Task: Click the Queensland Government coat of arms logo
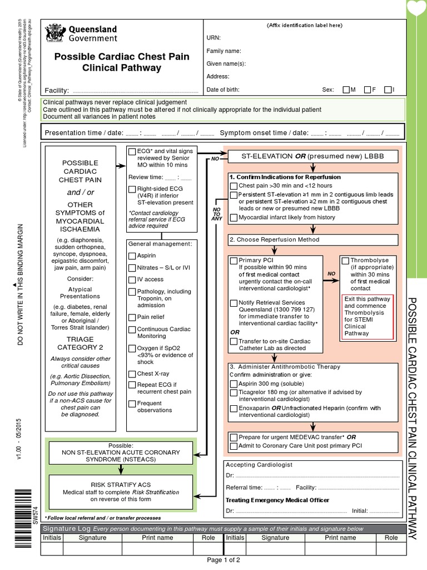click(54, 33)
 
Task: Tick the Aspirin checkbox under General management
click(132, 256)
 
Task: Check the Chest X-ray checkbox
click(132, 374)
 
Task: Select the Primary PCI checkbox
click(234, 260)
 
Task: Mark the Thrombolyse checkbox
click(345, 260)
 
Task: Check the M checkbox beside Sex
click(346, 90)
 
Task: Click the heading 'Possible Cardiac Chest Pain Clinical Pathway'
click(121, 62)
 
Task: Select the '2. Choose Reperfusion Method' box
click(313, 240)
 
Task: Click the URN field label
click(213, 38)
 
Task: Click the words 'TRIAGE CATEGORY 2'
click(85, 343)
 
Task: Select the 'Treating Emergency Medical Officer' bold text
click(277, 500)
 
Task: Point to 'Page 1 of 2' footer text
click(223, 560)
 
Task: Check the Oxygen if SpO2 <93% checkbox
click(132, 350)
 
